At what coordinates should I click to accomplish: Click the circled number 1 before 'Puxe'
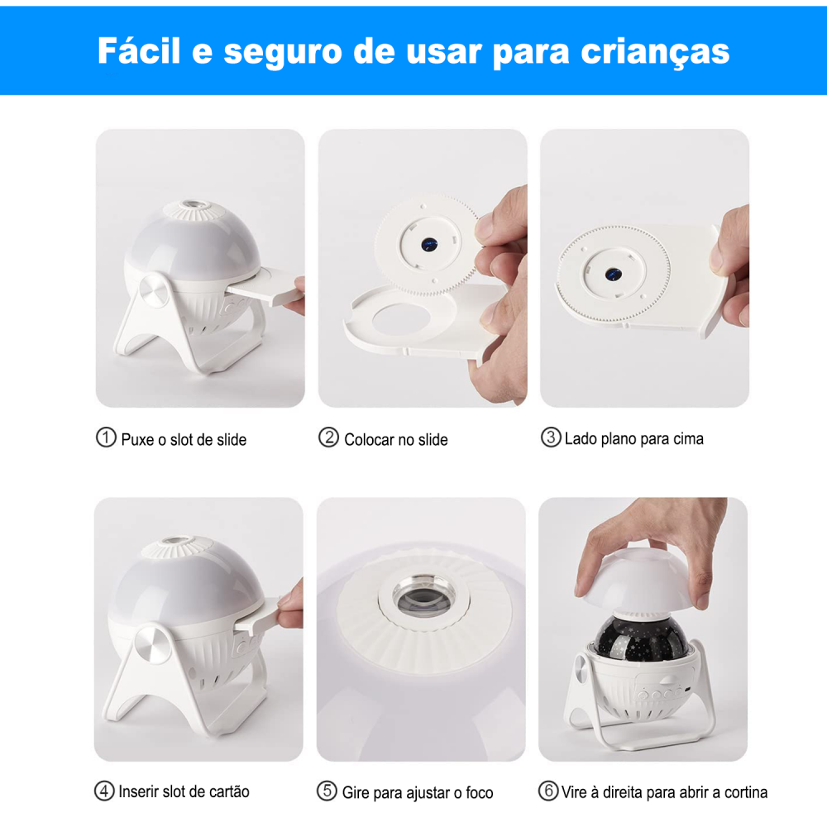click(106, 438)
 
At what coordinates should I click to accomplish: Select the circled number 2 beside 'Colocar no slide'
click(328, 438)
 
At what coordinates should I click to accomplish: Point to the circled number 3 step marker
click(551, 438)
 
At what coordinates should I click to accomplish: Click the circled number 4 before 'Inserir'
click(104, 791)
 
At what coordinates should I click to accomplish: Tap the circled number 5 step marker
click(327, 791)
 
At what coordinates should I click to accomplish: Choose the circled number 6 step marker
click(548, 791)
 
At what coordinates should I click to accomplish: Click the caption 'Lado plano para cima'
click(633, 439)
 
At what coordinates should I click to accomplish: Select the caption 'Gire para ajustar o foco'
click(418, 793)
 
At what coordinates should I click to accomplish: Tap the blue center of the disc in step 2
click(429, 245)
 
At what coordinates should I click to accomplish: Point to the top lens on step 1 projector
click(192, 203)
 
